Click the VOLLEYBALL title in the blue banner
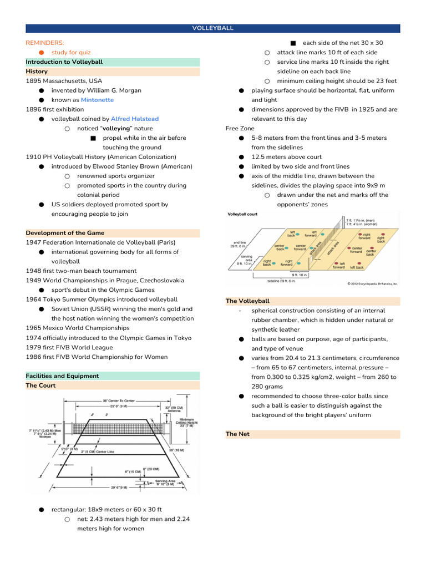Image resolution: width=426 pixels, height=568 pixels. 212,28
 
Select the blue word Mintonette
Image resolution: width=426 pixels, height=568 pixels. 97,100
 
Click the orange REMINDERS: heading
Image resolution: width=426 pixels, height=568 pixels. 45,43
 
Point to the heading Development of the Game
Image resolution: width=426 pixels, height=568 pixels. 65,233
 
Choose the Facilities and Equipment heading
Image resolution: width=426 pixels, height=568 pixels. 62,376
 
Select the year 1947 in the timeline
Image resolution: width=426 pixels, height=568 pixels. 33,242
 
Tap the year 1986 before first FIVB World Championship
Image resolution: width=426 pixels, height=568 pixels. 33,357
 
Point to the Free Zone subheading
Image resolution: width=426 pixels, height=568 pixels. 240,128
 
